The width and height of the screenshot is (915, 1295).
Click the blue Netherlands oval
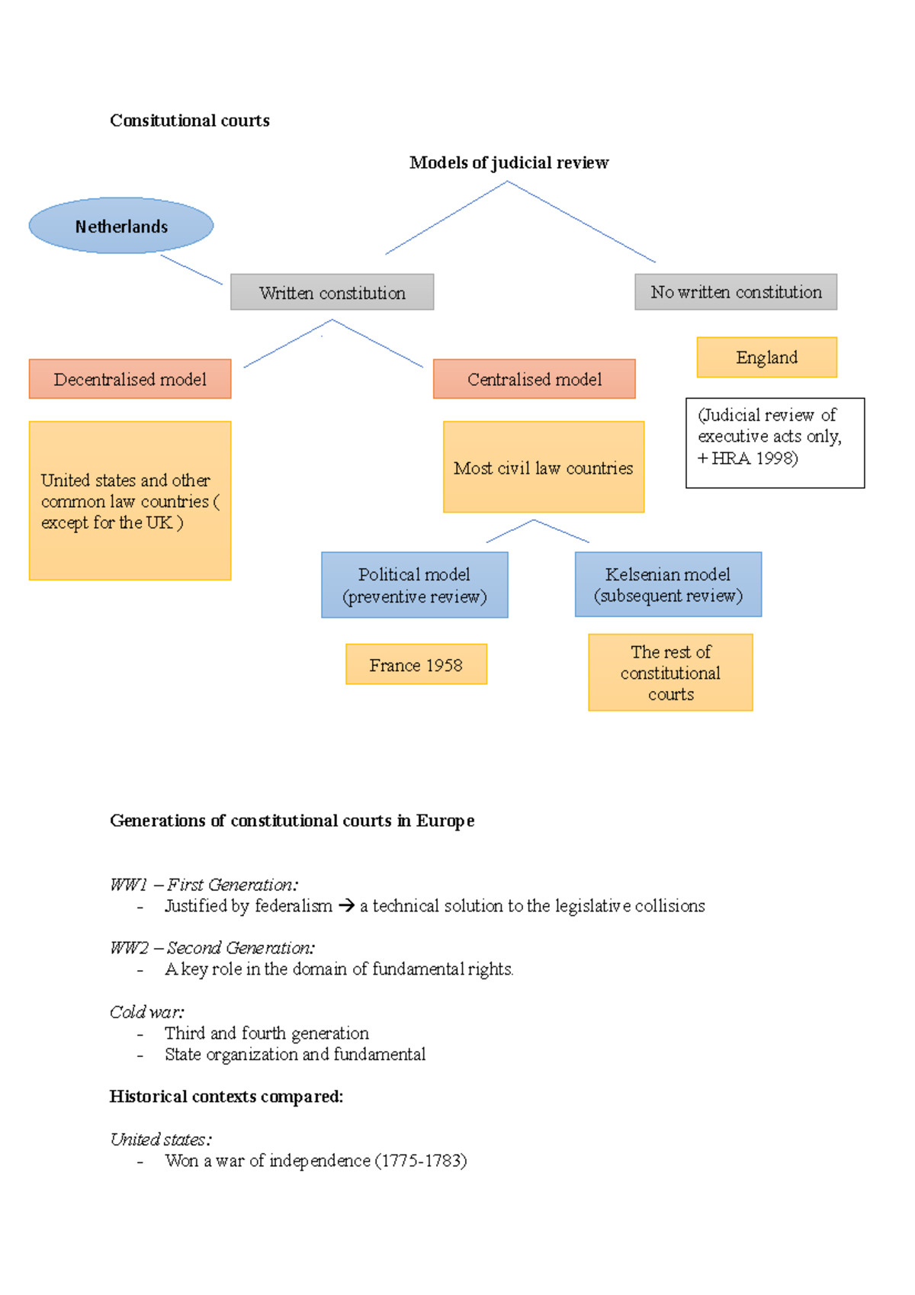click(x=121, y=226)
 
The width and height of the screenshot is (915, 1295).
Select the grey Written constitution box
click(x=332, y=292)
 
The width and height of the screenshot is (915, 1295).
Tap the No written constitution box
click(x=736, y=292)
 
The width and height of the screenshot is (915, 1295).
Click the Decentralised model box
click(x=130, y=379)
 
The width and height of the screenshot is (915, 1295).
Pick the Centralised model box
click(x=534, y=379)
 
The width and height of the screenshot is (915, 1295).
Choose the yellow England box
click(x=766, y=357)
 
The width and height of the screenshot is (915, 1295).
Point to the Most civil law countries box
click(x=543, y=468)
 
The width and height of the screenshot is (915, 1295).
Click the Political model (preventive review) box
click(x=414, y=585)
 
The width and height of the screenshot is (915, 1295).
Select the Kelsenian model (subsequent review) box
click(x=668, y=584)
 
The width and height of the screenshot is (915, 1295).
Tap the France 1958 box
click(x=416, y=664)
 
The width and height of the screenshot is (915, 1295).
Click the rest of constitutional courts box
click(x=670, y=673)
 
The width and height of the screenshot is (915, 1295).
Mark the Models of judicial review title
click(x=509, y=162)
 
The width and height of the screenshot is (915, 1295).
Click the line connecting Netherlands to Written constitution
click(x=191, y=270)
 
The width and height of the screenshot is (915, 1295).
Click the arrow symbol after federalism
click(x=346, y=906)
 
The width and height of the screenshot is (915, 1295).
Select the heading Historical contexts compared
click(x=226, y=1097)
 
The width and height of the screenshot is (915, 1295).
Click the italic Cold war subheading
click(x=147, y=1012)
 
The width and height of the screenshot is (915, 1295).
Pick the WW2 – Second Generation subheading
click(x=212, y=948)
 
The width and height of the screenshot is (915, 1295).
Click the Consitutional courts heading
click(x=190, y=121)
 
